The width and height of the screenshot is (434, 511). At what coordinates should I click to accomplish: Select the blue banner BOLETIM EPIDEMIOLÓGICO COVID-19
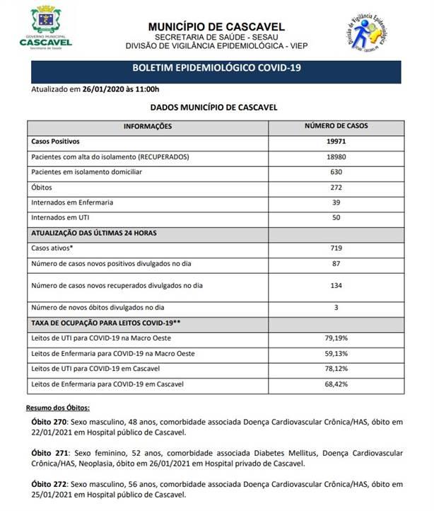(217, 71)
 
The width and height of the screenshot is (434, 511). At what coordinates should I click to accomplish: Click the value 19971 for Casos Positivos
(336, 142)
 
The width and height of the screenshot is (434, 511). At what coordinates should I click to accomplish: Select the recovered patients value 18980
(336, 156)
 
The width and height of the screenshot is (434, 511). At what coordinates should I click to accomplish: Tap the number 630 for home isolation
(336, 172)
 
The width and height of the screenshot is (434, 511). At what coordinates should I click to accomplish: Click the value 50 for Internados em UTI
(336, 218)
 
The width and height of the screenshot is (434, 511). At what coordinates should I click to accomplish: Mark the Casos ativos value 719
(336, 248)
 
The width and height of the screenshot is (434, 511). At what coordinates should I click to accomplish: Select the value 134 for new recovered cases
(336, 285)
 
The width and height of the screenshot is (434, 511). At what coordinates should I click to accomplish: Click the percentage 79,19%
(336, 338)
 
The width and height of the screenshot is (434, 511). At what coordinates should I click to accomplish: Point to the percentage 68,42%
(336, 384)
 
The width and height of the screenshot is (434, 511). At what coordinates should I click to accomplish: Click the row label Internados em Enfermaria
(73, 202)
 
